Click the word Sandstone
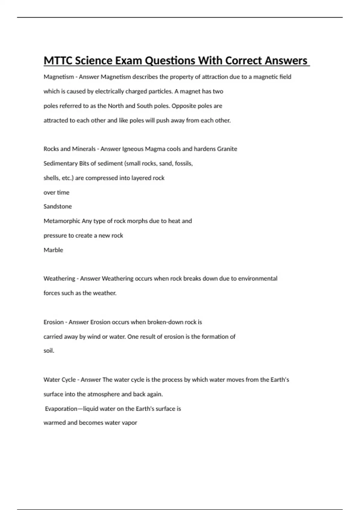pos(58,206)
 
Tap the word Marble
pos(53,250)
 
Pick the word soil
pos(49,351)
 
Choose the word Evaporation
pos(61,409)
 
